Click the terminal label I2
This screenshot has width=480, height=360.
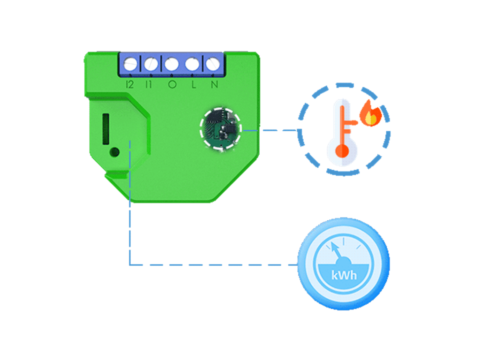130,85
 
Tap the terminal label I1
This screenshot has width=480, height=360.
149,85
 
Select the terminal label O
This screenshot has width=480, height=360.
172,85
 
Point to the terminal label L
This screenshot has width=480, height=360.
193,85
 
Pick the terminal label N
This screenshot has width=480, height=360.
214,85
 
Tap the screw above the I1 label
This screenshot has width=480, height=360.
150,63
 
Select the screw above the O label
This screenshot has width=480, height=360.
171,63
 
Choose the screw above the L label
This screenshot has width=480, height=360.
192,63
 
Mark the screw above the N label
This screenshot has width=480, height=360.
212,63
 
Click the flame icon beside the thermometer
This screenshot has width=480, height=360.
371,114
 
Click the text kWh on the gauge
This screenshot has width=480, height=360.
344,275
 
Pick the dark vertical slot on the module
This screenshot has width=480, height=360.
106,127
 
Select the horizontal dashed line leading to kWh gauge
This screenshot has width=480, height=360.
211,265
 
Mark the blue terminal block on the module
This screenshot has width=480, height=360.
171,63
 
